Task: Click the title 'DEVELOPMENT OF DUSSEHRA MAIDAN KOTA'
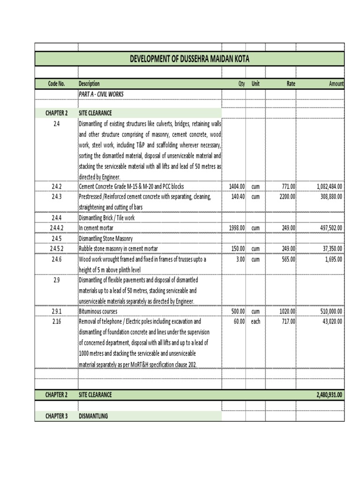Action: click(x=189, y=59)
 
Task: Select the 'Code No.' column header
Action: click(x=56, y=84)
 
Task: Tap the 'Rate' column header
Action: click(x=291, y=84)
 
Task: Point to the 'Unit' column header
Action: click(x=255, y=84)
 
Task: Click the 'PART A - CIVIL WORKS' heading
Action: click(x=101, y=94)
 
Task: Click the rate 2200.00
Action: click(x=287, y=197)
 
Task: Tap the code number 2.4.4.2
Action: click(x=56, y=228)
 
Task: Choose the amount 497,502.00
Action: click(x=329, y=228)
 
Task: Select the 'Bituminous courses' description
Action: click(x=98, y=311)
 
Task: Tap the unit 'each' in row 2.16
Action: click(x=255, y=322)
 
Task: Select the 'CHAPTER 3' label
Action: click(x=56, y=416)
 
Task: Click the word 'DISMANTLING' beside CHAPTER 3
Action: click(x=93, y=416)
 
